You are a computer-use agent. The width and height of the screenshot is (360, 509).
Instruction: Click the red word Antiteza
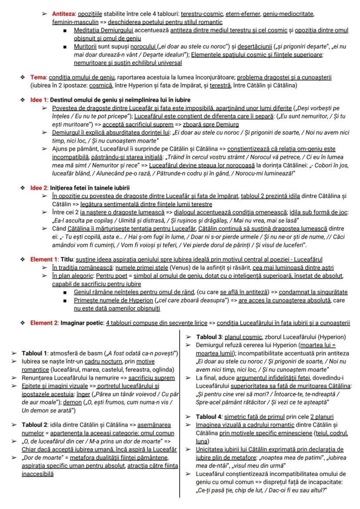point(63,14)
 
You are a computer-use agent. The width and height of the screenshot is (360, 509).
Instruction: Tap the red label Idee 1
point(39,100)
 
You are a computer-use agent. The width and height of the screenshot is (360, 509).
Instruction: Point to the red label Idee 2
point(39,188)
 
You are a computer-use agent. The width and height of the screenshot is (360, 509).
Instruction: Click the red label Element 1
point(44,259)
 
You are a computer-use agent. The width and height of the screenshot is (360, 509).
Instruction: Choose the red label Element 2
point(44,323)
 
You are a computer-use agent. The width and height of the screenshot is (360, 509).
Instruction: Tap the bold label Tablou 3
point(209,337)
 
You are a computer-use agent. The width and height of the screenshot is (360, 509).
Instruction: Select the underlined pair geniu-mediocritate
point(288,14)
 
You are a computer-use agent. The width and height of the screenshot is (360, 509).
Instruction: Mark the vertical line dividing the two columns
point(180,413)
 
